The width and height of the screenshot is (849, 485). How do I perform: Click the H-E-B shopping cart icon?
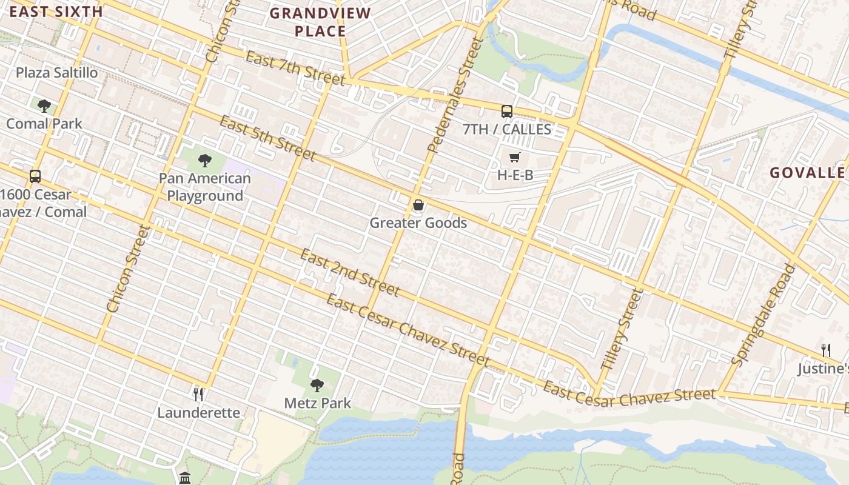[514, 158]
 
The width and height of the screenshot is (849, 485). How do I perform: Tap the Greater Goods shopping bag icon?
[418, 206]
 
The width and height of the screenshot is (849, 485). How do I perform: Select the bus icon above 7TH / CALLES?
[506, 111]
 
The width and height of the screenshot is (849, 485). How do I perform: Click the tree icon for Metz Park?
[317, 385]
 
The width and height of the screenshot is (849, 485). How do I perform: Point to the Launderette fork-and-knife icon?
[198, 395]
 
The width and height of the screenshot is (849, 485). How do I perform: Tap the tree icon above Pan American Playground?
[205, 161]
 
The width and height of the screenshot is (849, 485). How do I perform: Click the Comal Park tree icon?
[44, 106]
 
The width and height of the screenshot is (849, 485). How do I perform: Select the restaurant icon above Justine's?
[825, 350]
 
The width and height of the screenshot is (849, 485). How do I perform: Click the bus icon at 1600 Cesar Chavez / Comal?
[35, 176]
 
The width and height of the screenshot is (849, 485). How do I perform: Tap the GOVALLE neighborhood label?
[807, 173]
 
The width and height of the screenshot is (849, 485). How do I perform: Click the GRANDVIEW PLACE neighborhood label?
[320, 22]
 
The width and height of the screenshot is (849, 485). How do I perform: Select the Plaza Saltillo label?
[56, 73]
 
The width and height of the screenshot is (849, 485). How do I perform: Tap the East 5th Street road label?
[267, 139]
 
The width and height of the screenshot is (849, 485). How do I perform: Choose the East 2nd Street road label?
[350, 273]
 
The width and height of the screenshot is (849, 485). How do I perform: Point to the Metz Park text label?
[317, 403]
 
